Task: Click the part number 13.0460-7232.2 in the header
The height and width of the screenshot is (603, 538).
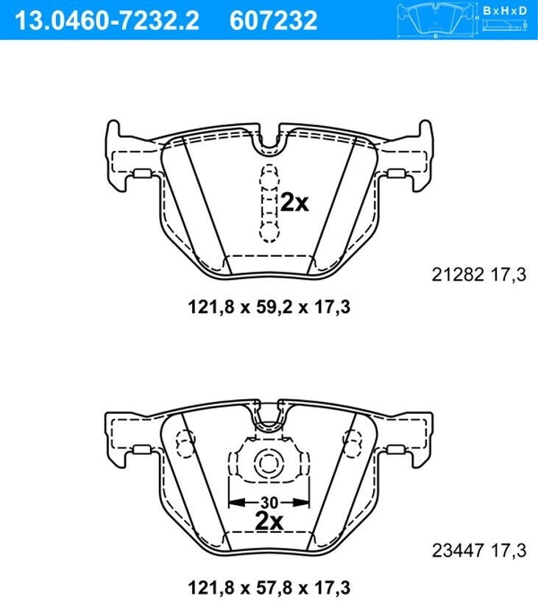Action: [107, 20]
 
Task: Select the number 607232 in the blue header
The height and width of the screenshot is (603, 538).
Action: [273, 20]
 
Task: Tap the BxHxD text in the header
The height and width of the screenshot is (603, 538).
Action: [505, 10]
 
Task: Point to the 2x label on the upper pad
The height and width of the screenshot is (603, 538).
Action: [294, 202]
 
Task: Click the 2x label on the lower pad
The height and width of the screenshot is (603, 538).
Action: [269, 521]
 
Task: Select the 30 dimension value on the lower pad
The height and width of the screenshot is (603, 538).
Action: [269, 502]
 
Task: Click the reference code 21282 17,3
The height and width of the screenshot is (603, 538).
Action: [479, 275]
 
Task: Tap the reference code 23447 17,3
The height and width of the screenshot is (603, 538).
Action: [479, 550]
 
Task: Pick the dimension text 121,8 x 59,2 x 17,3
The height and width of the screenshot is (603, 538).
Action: [269, 307]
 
